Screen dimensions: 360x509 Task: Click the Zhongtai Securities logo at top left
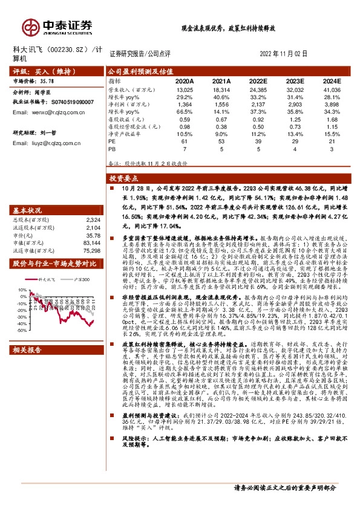[x=57, y=27]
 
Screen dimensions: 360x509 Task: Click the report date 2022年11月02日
[x=284, y=53]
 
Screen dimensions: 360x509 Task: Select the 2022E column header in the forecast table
[x=258, y=80]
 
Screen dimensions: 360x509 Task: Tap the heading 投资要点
[x=125, y=180]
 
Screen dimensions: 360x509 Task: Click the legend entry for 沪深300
[x=79, y=280]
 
